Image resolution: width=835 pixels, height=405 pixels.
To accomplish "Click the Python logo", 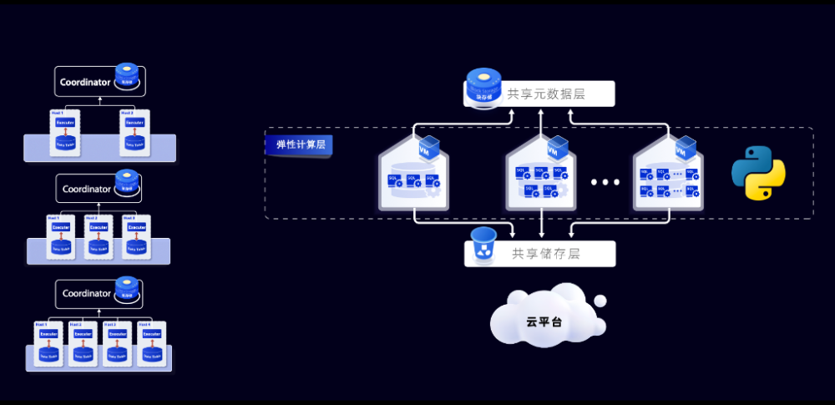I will (x=758, y=173).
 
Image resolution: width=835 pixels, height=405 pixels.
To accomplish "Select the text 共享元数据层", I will (x=546, y=94).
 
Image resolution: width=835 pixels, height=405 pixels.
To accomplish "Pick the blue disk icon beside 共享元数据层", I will (x=483, y=87).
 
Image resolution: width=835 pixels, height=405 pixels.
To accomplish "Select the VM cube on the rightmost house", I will (x=686, y=148).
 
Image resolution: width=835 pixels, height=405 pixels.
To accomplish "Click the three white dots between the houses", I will (x=605, y=182).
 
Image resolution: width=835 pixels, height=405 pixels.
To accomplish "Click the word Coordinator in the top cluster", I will (x=85, y=82).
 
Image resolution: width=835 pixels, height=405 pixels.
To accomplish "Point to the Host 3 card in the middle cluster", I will (x=136, y=237).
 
